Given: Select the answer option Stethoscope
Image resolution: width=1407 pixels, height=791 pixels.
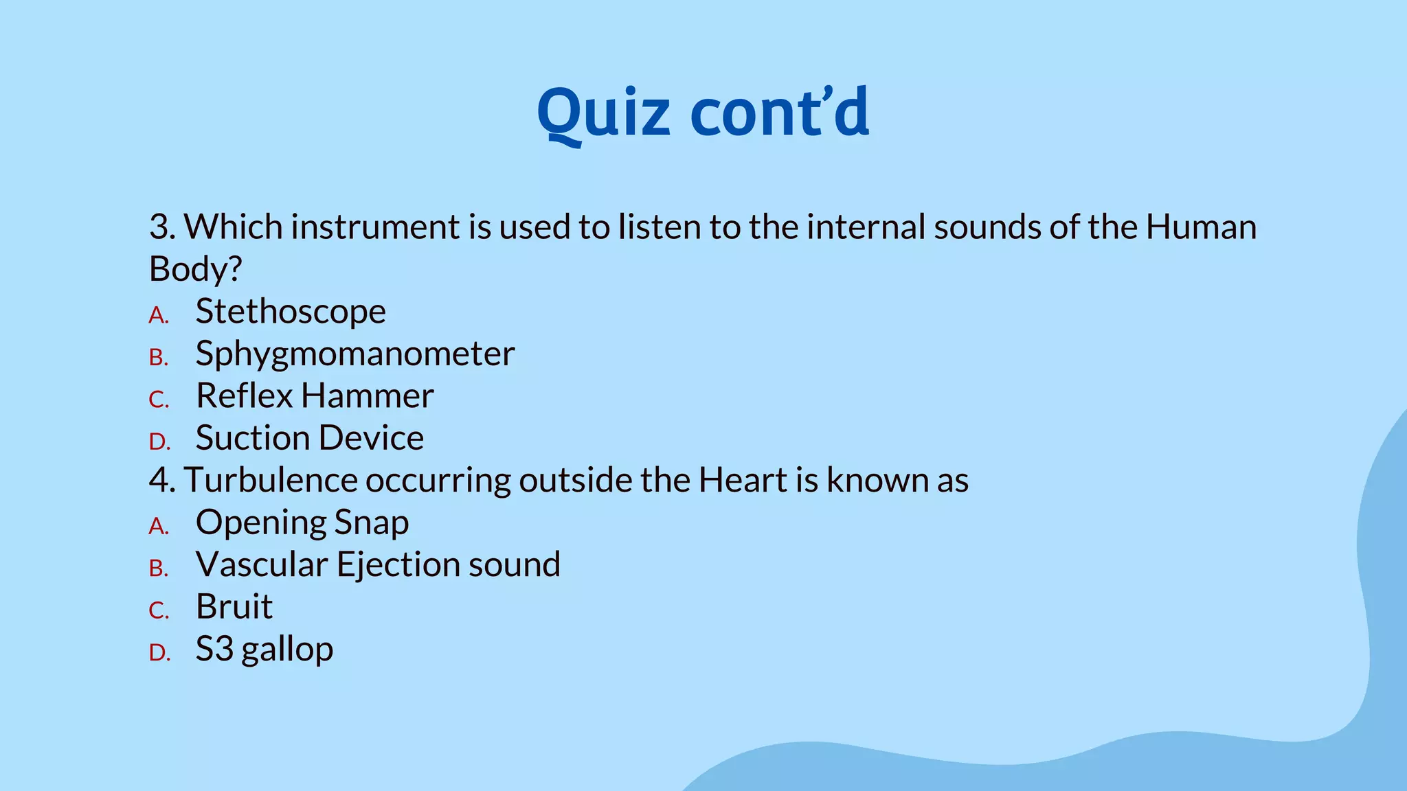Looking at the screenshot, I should coord(291,312).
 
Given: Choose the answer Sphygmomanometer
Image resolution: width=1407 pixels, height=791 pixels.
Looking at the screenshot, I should coord(354,354).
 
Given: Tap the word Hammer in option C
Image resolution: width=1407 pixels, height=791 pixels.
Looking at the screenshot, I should coord(367,396).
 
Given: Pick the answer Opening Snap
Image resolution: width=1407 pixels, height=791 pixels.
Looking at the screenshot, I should coord(302,523).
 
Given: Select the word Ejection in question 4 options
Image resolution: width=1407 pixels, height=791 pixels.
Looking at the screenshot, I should coord(398,565).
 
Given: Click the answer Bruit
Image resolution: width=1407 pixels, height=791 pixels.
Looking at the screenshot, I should coord(234,607).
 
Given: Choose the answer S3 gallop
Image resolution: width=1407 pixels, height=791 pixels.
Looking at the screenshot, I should coord(264,650).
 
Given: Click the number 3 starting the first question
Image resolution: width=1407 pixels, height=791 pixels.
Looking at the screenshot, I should coord(160,227).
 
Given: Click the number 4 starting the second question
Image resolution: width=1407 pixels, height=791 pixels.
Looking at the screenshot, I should coord(160,480).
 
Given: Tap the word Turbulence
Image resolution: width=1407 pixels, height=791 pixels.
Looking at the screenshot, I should coord(271,480).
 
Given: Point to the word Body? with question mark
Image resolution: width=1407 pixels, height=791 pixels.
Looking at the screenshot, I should coord(196,269).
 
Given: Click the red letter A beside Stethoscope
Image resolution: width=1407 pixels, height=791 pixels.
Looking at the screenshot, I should coord(159,315).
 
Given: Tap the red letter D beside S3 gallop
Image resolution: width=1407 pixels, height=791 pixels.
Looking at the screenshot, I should coord(159,653).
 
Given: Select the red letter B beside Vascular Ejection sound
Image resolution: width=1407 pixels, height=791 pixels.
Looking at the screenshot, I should coord(159,569).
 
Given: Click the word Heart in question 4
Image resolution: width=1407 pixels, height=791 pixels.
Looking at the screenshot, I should coord(743,480).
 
